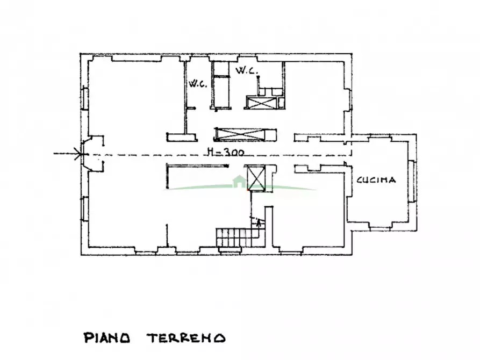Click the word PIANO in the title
coord(106,338)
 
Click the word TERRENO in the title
coord(185,338)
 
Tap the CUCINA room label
coord(376,180)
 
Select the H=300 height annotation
coord(225,152)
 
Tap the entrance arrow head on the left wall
coord(81,154)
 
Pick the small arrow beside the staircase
coord(260,221)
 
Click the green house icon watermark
coord(238,182)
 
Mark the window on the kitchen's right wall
coord(413,181)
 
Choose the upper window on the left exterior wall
coord(84,98)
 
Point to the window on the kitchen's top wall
coord(378,136)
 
